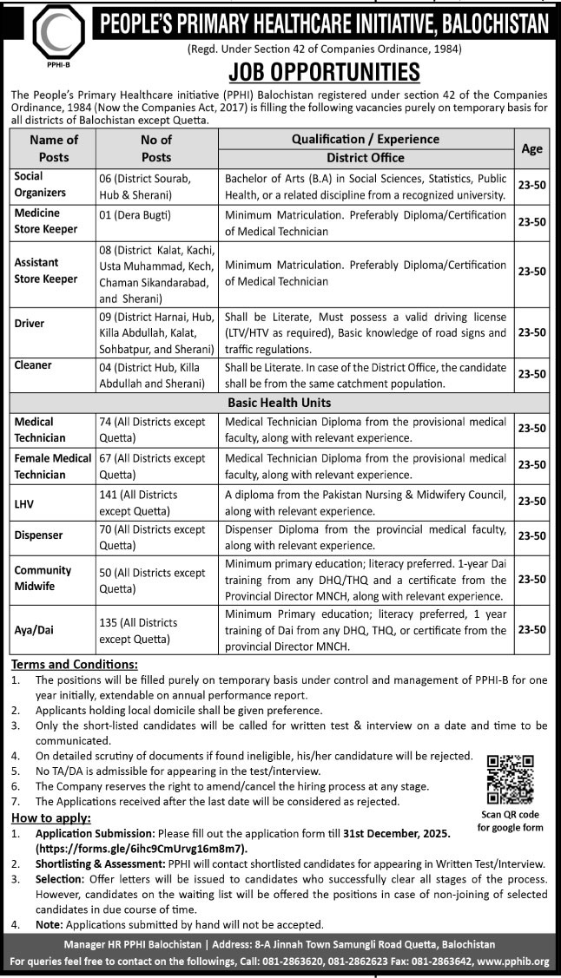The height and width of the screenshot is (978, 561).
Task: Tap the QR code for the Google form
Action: click(510, 778)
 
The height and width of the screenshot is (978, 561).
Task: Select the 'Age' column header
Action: click(531, 148)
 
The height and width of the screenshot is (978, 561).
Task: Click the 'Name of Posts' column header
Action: click(54, 148)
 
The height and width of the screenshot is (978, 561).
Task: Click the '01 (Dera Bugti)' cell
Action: click(134, 213)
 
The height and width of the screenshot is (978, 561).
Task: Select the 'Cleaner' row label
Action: click(32, 366)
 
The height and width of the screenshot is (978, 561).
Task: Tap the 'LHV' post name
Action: click(24, 502)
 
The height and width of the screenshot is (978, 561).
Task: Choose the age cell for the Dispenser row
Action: click(531, 537)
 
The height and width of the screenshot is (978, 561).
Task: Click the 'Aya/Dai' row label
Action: click(35, 631)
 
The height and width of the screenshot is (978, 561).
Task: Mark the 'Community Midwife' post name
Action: click(43, 578)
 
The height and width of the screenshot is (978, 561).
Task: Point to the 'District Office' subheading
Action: click(365, 158)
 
